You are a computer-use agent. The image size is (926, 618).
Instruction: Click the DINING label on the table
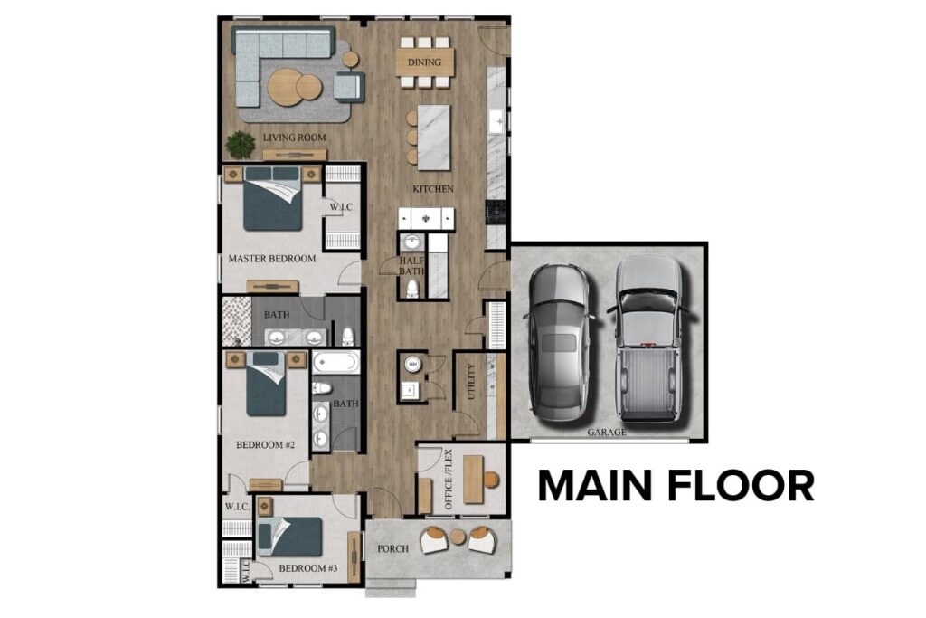pos(424,62)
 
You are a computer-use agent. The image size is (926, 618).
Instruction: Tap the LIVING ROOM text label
pos(294,138)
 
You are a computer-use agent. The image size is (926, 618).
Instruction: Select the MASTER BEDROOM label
pos(272,259)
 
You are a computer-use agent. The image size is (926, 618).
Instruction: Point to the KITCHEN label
pos(433,189)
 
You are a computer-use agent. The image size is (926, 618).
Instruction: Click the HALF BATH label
pos(412,266)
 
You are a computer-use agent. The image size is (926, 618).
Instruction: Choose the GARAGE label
pos(607,433)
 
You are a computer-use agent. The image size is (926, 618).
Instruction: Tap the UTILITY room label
pos(470,381)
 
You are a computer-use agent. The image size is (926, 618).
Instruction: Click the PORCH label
pos(393,548)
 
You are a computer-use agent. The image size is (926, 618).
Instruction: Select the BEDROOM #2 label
pos(266,444)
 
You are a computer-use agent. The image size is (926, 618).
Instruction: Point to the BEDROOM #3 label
pos(307,568)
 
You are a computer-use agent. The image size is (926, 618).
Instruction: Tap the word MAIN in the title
pos(602,486)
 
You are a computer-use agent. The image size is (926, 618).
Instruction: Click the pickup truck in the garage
pos(647,337)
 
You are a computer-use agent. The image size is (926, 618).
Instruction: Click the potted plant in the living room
pos(241,144)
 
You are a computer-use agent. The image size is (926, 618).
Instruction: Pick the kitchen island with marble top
pos(433,137)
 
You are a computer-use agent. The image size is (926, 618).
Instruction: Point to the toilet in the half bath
pos(412,288)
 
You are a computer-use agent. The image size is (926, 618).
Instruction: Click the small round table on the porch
pos(458,537)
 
